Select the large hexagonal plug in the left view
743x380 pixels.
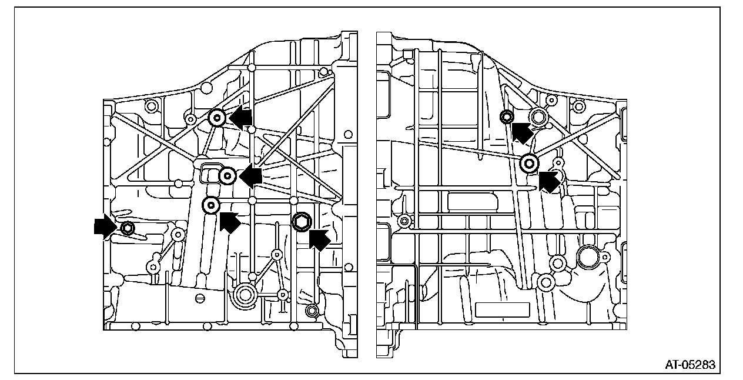pos(302,221)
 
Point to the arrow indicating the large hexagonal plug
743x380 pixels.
pos(319,238)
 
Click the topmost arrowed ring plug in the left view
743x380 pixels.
pos(217,118)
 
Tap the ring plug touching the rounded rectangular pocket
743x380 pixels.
pos(228,175)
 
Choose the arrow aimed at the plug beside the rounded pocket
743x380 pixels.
pos(251,176)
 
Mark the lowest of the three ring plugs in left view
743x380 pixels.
pos(211,205)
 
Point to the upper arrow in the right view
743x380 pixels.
pos(521,132)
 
